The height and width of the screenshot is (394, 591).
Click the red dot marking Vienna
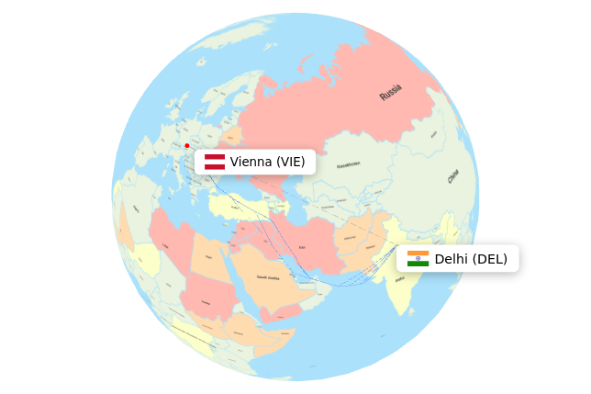point(187,145)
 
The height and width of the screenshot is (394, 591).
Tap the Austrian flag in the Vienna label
point(215,162)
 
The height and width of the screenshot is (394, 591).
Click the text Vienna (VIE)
point(267,162)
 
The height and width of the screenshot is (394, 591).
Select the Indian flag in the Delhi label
point(418,258)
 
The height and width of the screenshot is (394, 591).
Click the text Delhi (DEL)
point(471,259)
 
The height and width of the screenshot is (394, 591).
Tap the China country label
point(453,176)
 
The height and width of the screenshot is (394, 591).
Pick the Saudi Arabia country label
point(268,276)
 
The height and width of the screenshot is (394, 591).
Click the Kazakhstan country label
point(348,165)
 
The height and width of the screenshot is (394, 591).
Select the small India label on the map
point(399,279)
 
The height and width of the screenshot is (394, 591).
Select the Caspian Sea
point(296,203)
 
